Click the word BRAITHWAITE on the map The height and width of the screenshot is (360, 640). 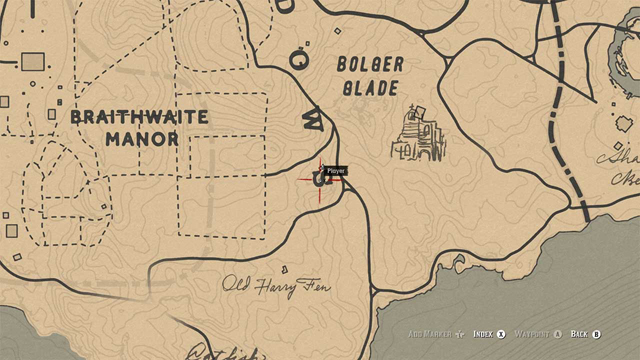click(x=139, y=117)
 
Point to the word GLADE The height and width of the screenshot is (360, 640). click(x=371, y=87)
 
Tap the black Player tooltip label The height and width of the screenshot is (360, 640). click(x=336, y=171)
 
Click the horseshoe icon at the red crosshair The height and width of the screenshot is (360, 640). click(x=321, y=180)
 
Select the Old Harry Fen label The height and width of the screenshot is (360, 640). click(x=276, y=286)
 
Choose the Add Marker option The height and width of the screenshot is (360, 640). click(x=431, y=334)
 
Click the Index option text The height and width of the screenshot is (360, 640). click(x=483, y=334)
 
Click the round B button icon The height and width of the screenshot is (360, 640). click(x=597, y=334)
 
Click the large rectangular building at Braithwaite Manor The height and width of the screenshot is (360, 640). click(x=33, y=62)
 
